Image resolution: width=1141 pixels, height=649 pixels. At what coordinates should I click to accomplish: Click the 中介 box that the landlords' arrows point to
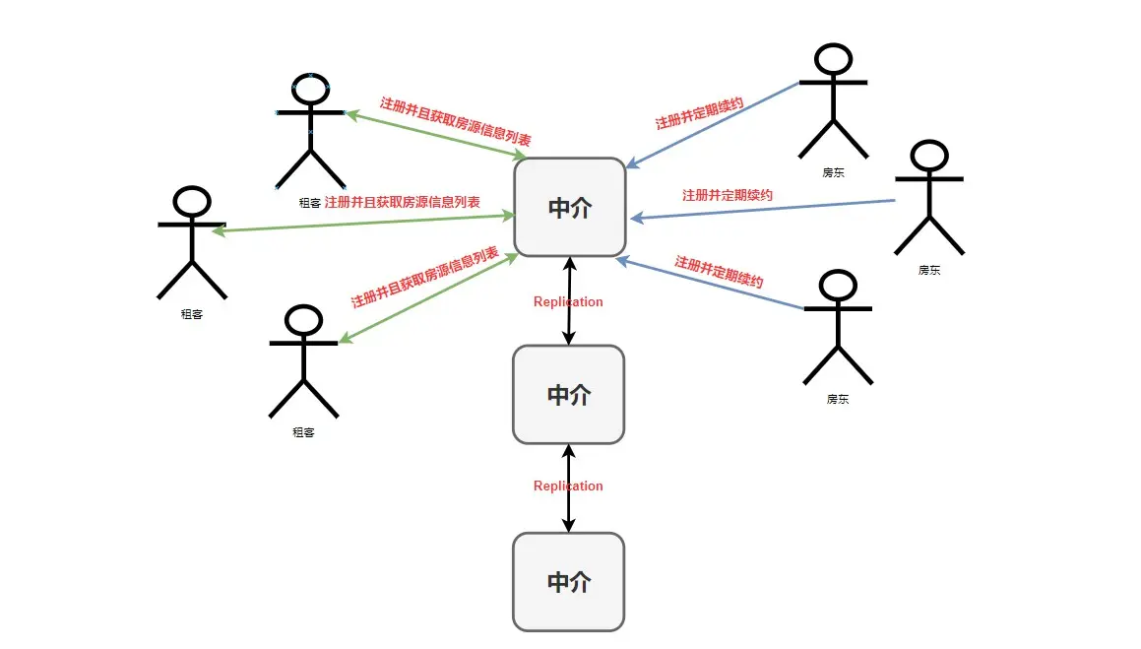coord(569,207)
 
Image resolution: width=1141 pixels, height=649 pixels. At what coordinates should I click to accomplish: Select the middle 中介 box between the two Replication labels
coord(568,394)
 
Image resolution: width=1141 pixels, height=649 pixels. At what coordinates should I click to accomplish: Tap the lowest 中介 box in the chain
coord(568,581)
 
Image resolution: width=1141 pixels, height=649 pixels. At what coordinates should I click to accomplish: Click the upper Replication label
coord(568,301)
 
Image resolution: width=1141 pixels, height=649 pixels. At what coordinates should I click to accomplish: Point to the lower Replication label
coord(568,486)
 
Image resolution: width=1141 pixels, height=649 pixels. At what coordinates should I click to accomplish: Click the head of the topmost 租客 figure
coord(310,89)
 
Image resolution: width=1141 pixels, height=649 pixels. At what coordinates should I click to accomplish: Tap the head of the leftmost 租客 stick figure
coord(192,202)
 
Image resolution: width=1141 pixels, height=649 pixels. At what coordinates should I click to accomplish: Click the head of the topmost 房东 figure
coord(833,59)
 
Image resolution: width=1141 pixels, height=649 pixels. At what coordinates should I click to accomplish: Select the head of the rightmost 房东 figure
coord(928,157)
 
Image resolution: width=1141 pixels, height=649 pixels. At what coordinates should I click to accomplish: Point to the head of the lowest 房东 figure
coord(838,286)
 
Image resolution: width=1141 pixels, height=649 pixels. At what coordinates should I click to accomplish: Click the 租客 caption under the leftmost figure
coord(192,314)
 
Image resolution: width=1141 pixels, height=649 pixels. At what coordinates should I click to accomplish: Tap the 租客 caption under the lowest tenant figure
coord(303,432)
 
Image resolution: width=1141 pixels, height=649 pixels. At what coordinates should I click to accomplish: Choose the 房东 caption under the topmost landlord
coord(833,172)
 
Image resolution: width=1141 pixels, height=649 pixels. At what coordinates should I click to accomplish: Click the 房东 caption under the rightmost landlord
coord(928,269)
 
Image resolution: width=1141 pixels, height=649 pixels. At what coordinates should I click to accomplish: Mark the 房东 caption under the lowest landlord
coord(838,400)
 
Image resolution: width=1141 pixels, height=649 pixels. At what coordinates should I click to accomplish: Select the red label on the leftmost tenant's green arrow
coord(402,202)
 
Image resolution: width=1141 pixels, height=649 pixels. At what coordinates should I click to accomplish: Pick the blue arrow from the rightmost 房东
coord(763,209)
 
